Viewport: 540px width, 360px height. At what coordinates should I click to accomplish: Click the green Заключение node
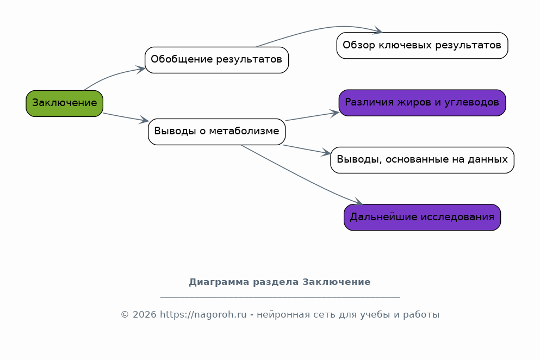point(64,103)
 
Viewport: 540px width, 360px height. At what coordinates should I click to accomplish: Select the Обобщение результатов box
point(216,60)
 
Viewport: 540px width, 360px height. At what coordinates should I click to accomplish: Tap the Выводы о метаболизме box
point(216,132)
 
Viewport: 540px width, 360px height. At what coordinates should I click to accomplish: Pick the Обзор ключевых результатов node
point(422,46)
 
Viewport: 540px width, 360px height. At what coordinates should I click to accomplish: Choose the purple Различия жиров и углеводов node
point(422,103)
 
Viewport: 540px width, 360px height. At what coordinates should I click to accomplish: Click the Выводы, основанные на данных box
point(422,160)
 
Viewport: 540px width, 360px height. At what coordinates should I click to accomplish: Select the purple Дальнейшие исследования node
point(422,218)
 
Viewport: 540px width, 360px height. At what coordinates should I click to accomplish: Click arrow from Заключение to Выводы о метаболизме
point(126,117)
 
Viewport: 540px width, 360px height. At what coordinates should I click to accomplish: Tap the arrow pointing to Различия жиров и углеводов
point(312,116)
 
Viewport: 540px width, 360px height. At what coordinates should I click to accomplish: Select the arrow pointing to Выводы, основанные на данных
point(307,150)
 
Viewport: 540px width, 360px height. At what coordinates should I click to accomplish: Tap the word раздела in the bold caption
point(276,282)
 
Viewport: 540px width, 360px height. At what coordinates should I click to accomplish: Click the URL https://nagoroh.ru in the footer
point(203,314)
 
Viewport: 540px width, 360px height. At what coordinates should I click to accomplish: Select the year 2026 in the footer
point(144,314)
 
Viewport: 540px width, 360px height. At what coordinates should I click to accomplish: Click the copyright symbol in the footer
point(125,315)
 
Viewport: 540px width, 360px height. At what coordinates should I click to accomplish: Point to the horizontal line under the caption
point(280,297)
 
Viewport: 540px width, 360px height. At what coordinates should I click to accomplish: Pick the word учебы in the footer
point(374,315)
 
